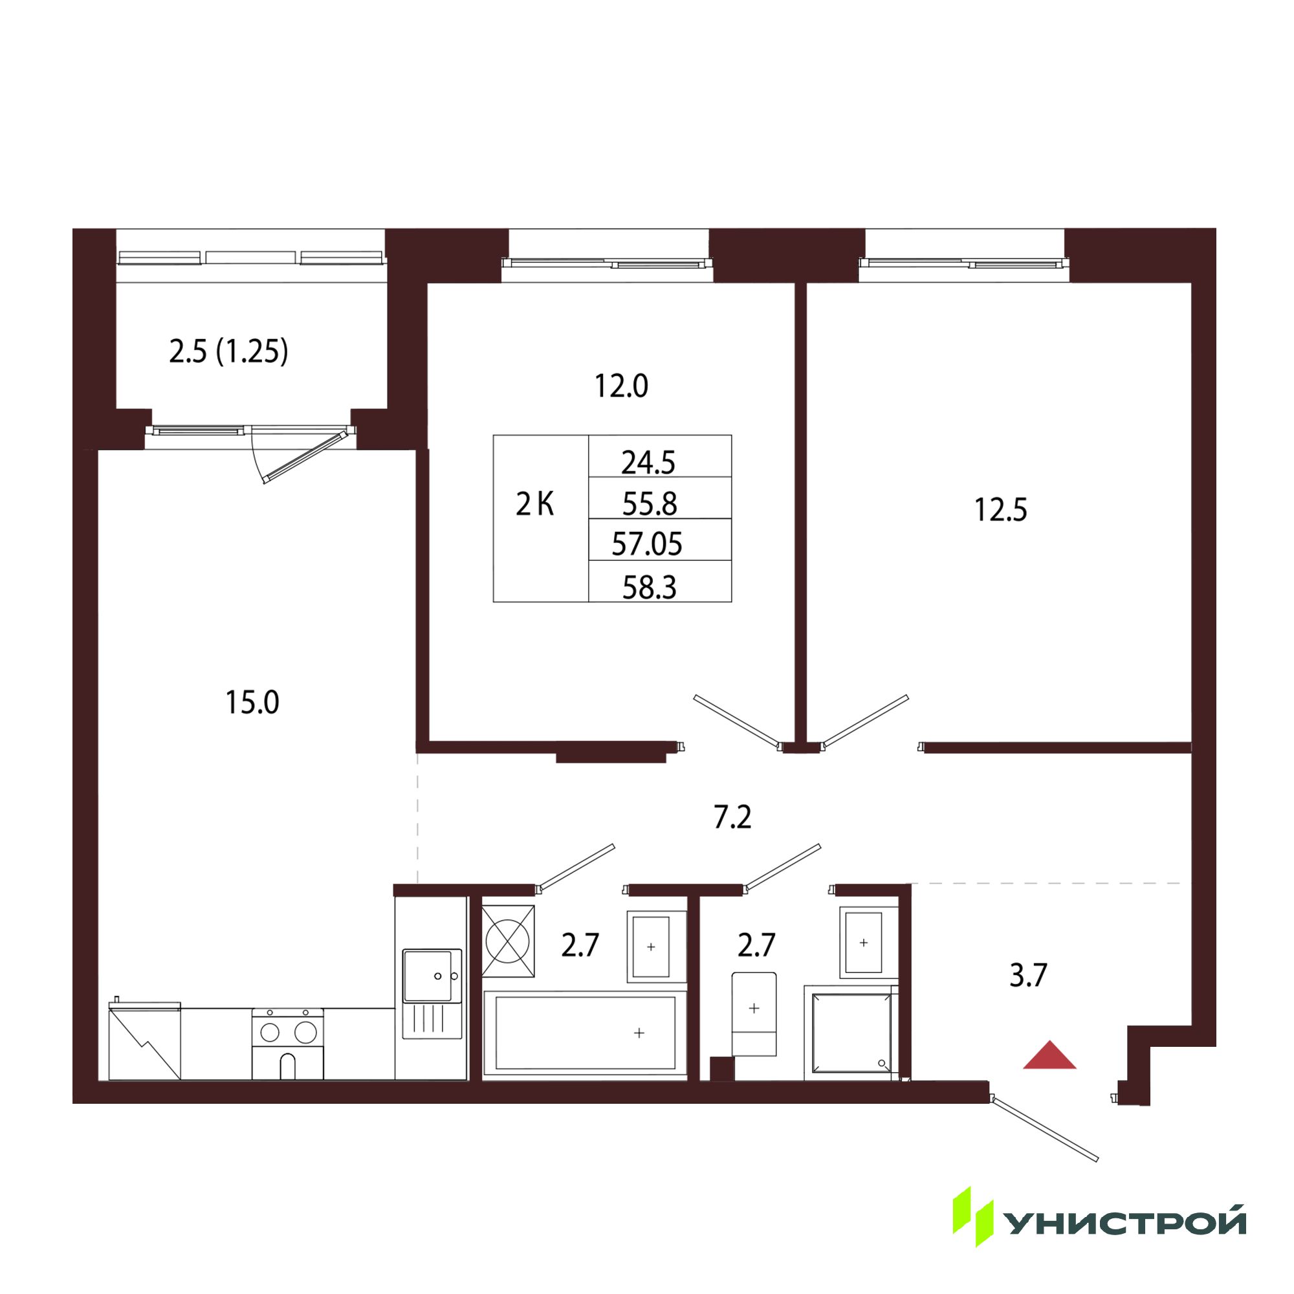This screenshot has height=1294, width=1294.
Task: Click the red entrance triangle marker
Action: click(x=1049, y=1057)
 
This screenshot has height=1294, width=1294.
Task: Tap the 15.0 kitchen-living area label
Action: click(x=252, y=703)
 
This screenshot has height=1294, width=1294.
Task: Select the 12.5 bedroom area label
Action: click(x=1001, y=510)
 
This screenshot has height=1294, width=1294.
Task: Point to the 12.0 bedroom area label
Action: click(x=622, y=386)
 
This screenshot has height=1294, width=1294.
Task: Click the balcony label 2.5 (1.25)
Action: click(x=228, y=351)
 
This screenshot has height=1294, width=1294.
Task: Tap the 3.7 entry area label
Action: click(x=1028, y=975)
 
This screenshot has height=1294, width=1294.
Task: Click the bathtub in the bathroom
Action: click(x=585, y=1035)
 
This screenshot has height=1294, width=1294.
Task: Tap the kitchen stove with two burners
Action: click(x=288, y=1044)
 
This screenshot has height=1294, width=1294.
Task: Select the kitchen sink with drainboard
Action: click(x=432, y=994)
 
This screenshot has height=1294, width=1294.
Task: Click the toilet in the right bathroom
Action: click(x=754, y=1014)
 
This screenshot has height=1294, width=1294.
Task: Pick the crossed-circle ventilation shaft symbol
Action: click(x=509, y=940)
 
